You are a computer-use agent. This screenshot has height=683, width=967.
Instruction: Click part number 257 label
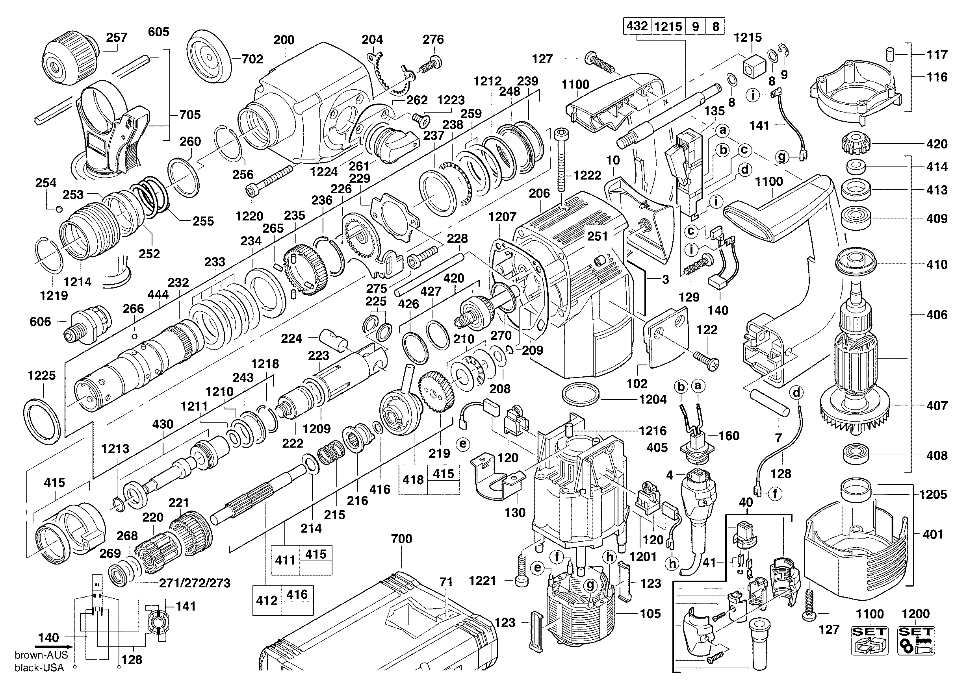pos(116,37)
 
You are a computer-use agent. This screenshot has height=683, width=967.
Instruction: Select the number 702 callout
pos(252,59)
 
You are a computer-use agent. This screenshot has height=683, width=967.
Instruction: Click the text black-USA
pos(39,668)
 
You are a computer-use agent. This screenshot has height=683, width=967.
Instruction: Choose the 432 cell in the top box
pos(637,26)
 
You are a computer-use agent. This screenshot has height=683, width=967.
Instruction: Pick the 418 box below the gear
pos(413,479)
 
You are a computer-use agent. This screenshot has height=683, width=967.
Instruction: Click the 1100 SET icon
pos(870,640)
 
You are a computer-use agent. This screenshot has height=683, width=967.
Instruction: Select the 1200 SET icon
pos(916,640)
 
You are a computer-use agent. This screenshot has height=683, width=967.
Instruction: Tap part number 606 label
pos(40,322)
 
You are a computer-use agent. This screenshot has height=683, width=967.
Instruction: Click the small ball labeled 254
pos(59,209)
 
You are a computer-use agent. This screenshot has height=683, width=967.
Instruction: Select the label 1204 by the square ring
pos(653,399)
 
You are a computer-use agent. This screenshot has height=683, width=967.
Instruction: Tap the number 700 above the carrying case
pos(401,539)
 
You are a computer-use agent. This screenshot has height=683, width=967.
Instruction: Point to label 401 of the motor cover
pos(933,535)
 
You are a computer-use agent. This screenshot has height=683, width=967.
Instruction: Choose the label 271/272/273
pos(195,583)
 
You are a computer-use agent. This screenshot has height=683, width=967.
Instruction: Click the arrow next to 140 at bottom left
pos(52,646)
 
